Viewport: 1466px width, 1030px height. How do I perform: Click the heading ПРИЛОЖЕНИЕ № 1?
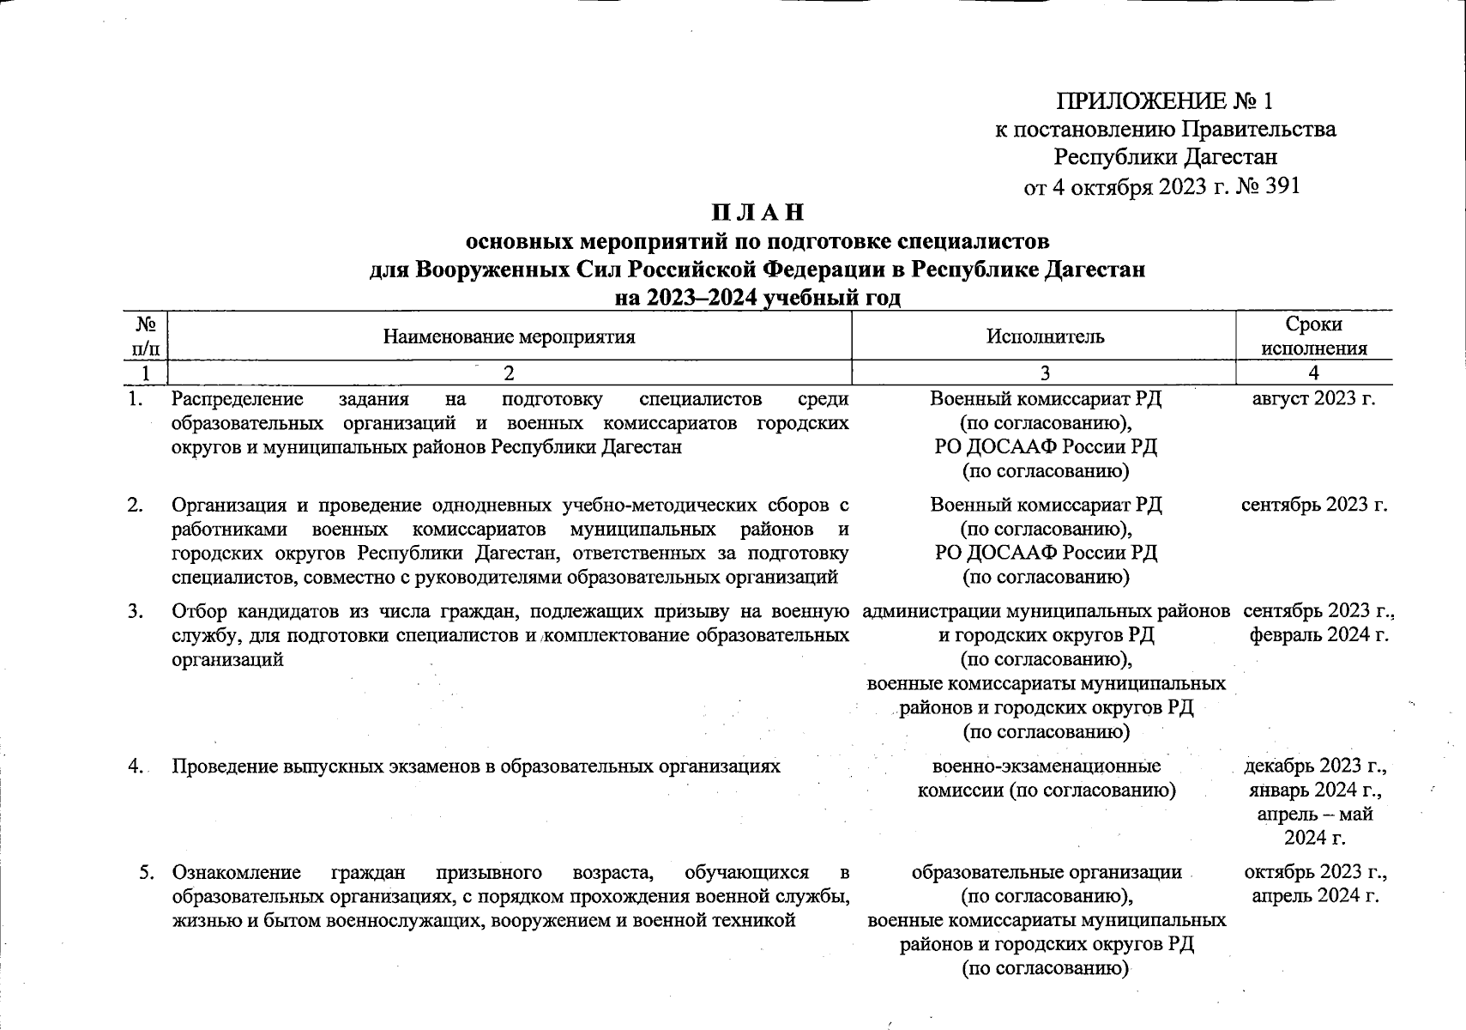[1164, 101]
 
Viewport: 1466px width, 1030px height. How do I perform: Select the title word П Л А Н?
[757, 212]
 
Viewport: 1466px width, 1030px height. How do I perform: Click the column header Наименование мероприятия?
[509, 336]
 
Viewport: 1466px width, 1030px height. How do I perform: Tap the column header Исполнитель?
[1045, 336]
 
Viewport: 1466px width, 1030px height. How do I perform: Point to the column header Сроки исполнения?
[1313, 336]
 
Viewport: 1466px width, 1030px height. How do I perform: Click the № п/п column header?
[145, 336]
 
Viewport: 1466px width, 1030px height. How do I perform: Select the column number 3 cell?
[1044, 373]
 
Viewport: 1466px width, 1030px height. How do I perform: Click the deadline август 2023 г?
[1313, 399]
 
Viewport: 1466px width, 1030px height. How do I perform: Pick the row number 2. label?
[136, 505]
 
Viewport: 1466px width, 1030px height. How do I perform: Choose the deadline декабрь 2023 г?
[1315, 766]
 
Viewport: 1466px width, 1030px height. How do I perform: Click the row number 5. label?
[147, 873]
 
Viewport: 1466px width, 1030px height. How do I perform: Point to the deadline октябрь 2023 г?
[1315, 873]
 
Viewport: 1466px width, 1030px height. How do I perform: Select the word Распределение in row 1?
[238, 399]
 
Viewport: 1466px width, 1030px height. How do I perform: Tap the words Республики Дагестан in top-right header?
[1165, 157]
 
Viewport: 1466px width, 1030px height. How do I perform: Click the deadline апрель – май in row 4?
[1314, 814]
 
